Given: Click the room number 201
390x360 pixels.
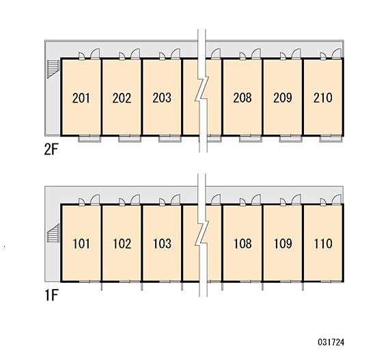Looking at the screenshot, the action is [x=81, y=98].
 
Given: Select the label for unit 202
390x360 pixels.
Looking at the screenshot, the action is [x=122, y=98].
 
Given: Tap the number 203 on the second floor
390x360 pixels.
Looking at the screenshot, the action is [x=162, y=98].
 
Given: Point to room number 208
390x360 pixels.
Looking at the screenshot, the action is [x=242, y=98].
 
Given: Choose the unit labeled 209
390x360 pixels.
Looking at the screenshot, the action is [x=283, y=98].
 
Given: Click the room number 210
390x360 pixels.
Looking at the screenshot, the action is [x=323, y=98].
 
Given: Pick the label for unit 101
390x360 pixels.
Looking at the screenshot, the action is [x=81, y=244].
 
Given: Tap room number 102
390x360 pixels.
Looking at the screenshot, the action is [x=122, y=244].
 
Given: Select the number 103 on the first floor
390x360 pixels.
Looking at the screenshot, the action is [x=162, y=244].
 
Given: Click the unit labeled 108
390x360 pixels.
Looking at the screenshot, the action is [x=242, y=244].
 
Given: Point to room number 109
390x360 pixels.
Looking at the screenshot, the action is [x=283, y=244].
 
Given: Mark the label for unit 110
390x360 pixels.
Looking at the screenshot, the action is [x=323, y=244].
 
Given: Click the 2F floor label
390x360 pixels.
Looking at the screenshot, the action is [x=51, y=150].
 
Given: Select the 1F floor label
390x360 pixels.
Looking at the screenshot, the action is [x=51, y=295].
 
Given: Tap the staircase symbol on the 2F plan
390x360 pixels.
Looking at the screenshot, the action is [x=53, y=69].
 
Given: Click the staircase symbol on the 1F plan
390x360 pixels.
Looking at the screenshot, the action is [x=53, y=233].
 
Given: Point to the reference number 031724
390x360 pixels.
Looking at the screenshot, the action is [x=331, y=342].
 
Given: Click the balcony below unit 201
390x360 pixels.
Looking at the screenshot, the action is [x=89, y=139].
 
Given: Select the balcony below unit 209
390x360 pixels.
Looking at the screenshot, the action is [x=290, y=139].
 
